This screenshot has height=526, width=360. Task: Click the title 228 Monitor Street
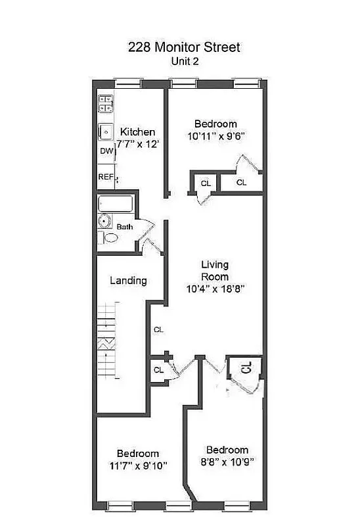[185, 47]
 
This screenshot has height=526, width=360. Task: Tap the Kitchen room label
[137, 132]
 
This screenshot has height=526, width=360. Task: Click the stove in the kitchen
[106, 103]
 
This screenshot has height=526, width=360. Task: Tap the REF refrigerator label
[105, 177]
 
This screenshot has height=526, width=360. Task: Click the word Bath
[125, 227]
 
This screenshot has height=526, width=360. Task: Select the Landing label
[128, 281]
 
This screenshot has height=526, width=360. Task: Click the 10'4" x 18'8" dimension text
[215, 288]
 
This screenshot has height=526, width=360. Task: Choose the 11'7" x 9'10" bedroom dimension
[137, 466]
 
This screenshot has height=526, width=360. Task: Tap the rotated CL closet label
[245, 368]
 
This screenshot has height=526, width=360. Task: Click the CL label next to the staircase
[158, 329]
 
